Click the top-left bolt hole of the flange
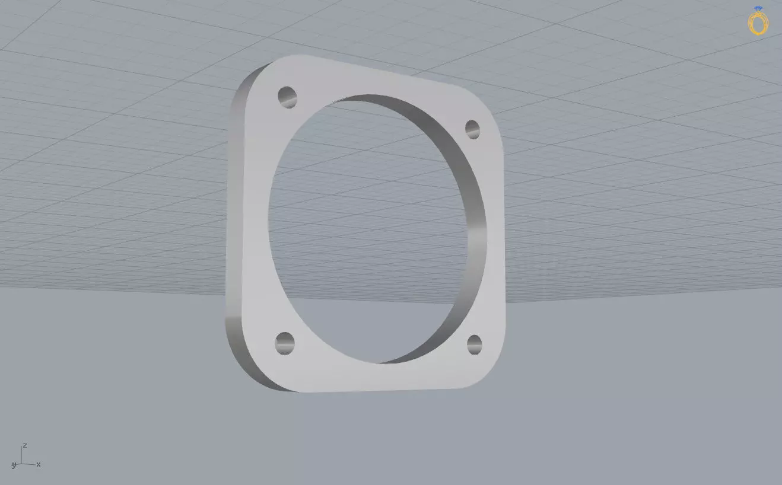287,97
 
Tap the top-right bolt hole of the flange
472,129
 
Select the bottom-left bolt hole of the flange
285,343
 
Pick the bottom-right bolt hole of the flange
474,344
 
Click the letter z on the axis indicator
24,445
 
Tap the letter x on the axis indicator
39,464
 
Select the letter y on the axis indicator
13,466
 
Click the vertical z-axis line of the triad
21,455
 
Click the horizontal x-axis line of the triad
28,464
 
